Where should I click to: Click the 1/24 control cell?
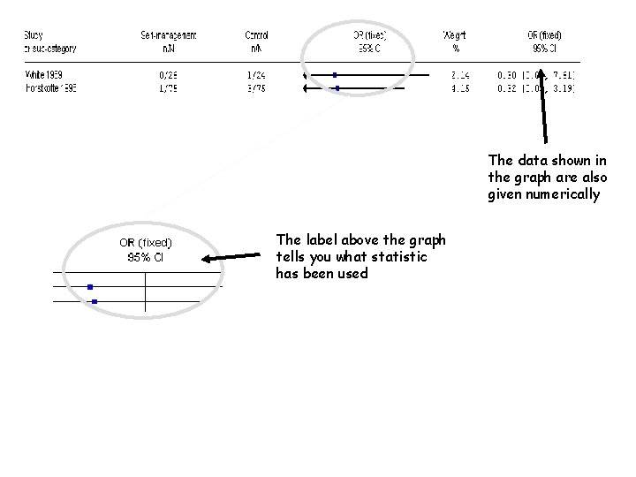(256, 76)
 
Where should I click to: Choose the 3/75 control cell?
(256, 88)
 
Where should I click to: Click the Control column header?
(256, 35)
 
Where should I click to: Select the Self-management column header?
(169, 35)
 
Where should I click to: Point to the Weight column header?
(456, 35)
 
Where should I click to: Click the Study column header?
(36, 35)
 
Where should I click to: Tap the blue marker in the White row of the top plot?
(335, 76)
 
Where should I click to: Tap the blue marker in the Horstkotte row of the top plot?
(337, 88)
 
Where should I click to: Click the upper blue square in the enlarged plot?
(90, 287)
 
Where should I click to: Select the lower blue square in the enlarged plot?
(95, 302)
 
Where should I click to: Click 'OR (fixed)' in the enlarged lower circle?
(146, 243)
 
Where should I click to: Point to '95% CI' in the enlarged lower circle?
(146, 258)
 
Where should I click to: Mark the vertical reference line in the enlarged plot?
(145, 291)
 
